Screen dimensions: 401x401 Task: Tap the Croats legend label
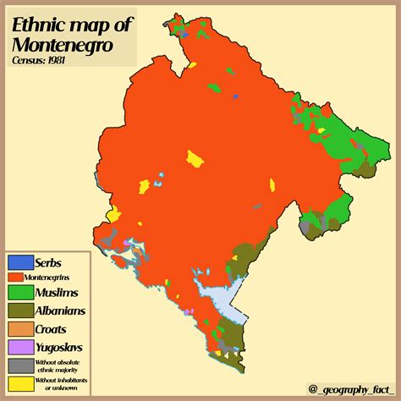(x=52, y=329)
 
